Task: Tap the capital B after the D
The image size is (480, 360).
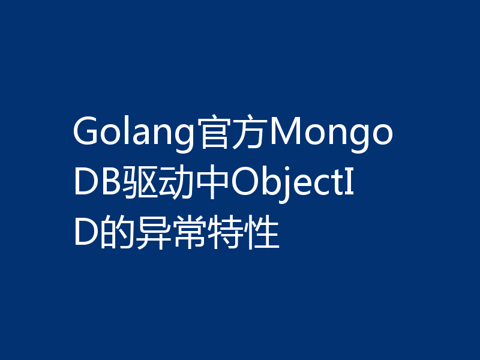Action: tap(110, 183)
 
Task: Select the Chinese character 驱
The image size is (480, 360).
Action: tap(140, 183)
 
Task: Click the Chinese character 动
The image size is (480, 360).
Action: tap(174, 183)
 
